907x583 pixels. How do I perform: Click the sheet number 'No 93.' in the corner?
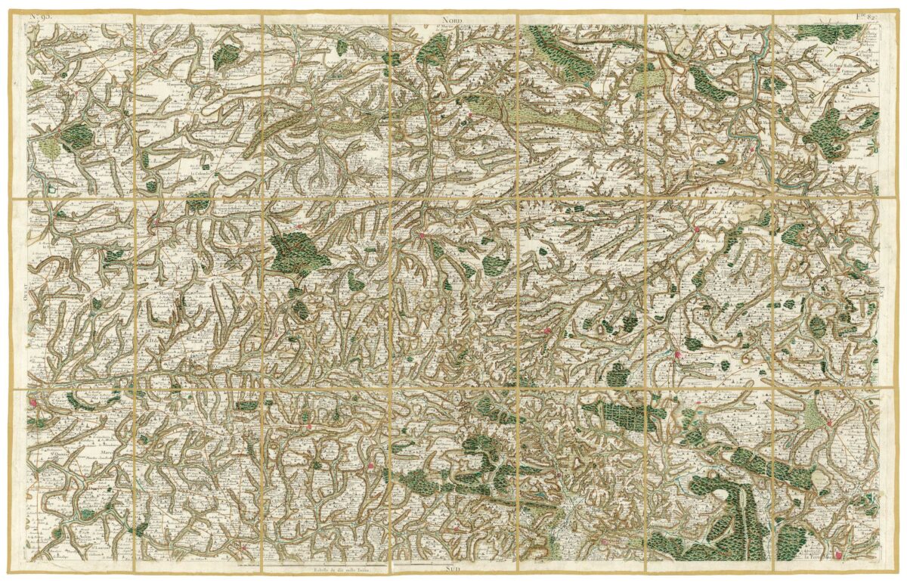pyautogui.click(x=39, y=16)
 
